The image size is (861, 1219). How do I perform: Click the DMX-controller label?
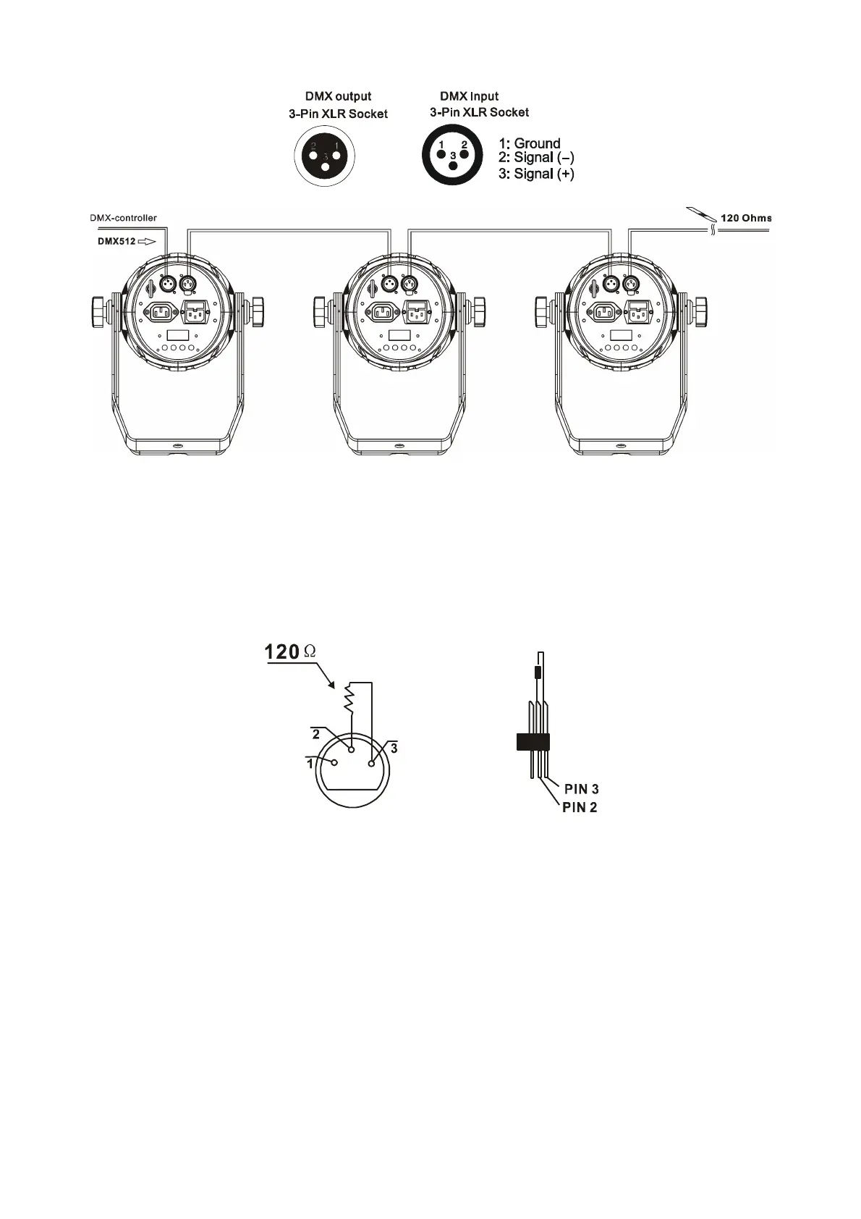pyautogui.click(x=124, y=218)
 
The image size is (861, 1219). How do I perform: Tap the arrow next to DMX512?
pyautogui.click(x=147, y=242)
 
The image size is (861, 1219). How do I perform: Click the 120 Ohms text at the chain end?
pyautogui.click(x=746, y=218)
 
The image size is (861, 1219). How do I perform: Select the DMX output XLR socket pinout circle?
pyautogui.click(x=325, y=156)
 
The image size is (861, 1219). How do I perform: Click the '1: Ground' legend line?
pyautogui.click(x=529, y=143)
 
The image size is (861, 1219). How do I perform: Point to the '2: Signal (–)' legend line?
pyautogui.click(x=536, y=158)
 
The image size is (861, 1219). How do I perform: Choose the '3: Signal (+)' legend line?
pyautogui.click(x=536, y=174)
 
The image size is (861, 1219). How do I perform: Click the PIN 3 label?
pyautogui.click(x=582, y=788)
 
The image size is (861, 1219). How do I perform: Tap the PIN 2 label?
pyautogui.click(x=580, y=808)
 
